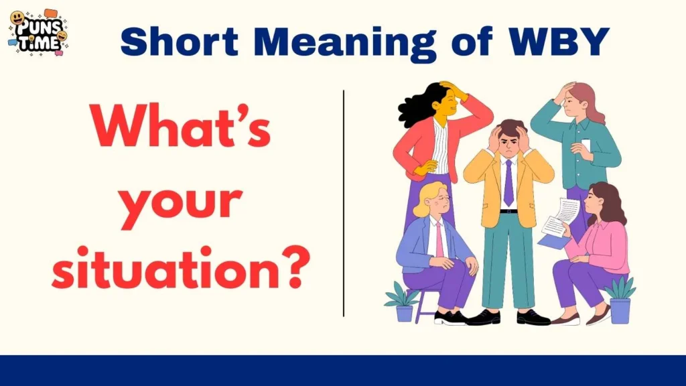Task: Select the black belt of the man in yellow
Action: (508, 212)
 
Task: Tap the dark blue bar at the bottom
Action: (343, 371)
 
